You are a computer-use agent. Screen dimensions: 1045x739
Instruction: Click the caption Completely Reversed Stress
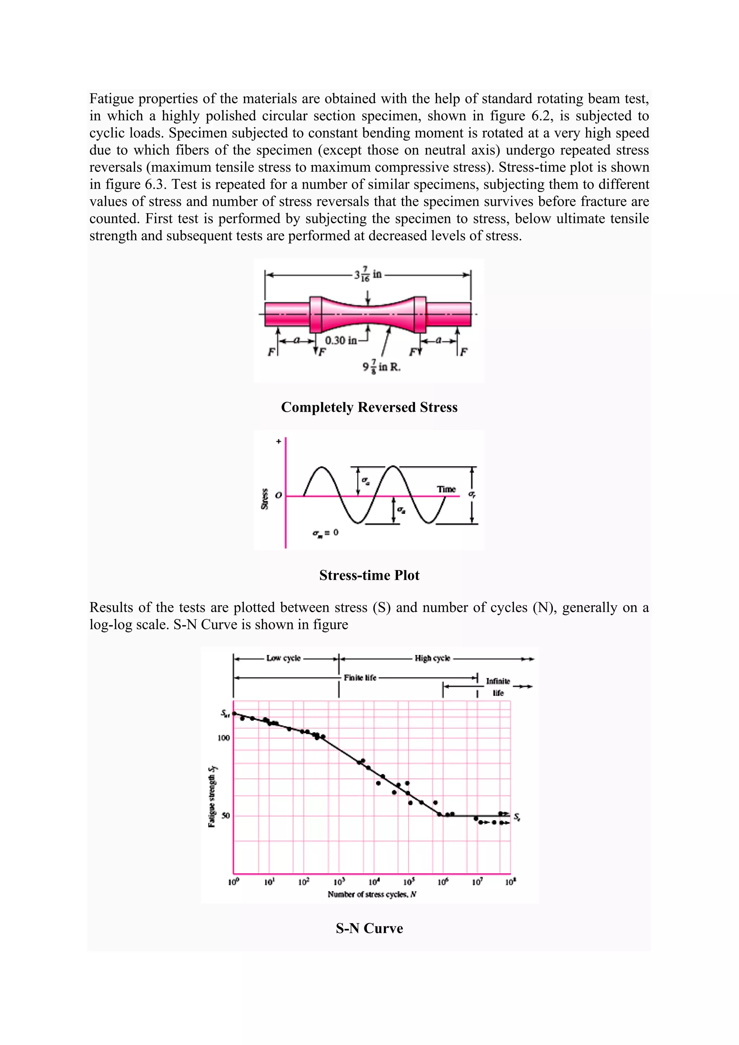[369, 407]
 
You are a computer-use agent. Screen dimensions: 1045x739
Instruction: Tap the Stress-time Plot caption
[369, 575]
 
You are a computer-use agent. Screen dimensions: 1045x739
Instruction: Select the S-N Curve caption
[369, 928]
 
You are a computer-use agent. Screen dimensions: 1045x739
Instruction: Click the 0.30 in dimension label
[341, 340]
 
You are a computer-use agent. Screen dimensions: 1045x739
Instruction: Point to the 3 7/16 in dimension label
[368, 275]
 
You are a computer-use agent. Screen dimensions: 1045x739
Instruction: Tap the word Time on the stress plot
[446, 489]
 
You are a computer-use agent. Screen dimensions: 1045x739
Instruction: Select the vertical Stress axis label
[264, 499]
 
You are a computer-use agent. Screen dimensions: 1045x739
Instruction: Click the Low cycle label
[284, 658]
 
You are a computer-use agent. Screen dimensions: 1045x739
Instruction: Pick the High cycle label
[432, 658]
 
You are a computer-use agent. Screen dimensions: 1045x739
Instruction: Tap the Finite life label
[360, 678]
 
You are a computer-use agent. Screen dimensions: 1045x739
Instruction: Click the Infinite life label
[498, 687]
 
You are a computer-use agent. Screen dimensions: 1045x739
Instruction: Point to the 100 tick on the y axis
[223, 738]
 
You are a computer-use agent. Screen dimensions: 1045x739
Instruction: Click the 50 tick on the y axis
[225, 816]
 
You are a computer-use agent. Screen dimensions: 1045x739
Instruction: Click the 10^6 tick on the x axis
[443, 882]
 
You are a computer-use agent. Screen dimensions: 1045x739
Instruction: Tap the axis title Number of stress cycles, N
[372, 895]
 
